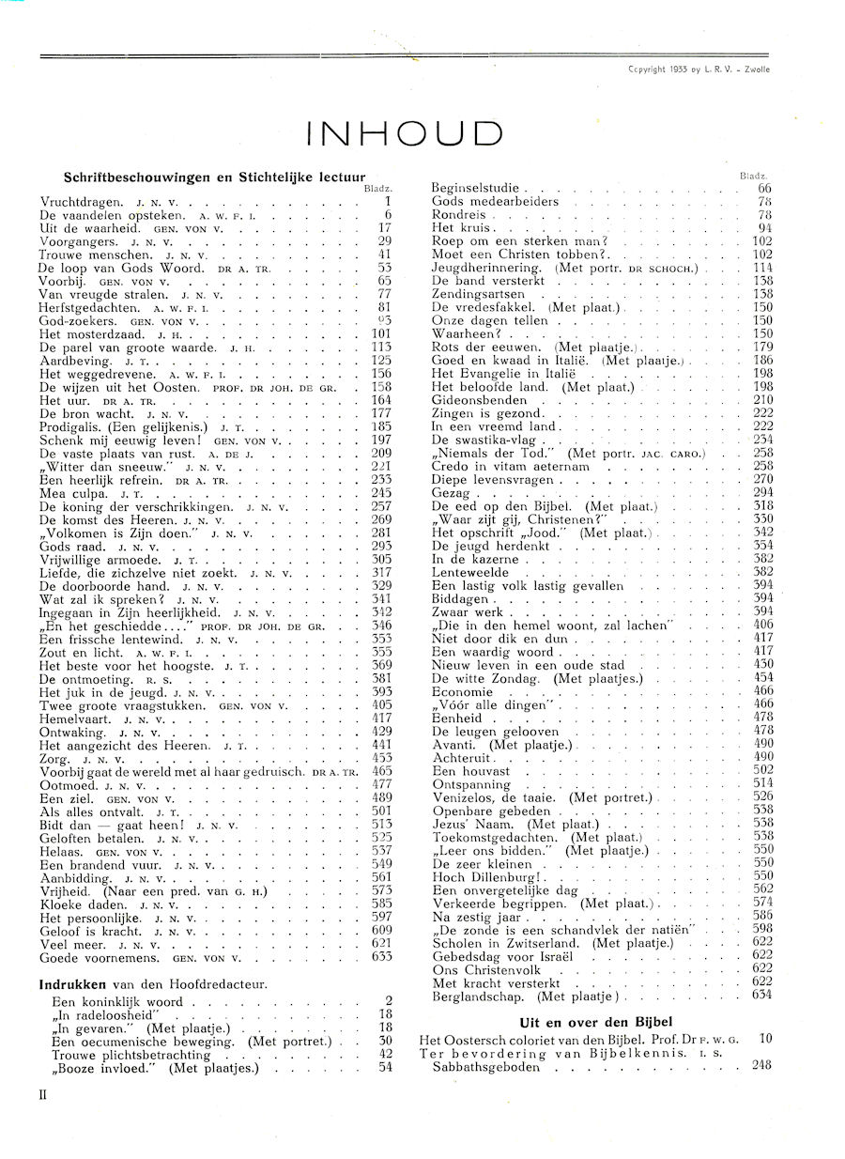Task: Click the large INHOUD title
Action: [x=405, y=132]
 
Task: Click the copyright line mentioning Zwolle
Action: [x=698, y=69]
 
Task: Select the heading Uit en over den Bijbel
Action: [x=596, y=1022]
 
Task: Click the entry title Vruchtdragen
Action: [x=82, y=201]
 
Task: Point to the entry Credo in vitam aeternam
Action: [x=510, y=465]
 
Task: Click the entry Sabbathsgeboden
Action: [x=486, y=1066]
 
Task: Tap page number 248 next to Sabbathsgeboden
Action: [x=761, y=1066]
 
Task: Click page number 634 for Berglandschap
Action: [x=761, y=995]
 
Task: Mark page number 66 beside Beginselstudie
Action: [x=764, y=188]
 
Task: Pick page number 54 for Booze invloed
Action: [x=385, y=1067]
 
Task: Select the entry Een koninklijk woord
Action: [x=117, y=1001]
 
